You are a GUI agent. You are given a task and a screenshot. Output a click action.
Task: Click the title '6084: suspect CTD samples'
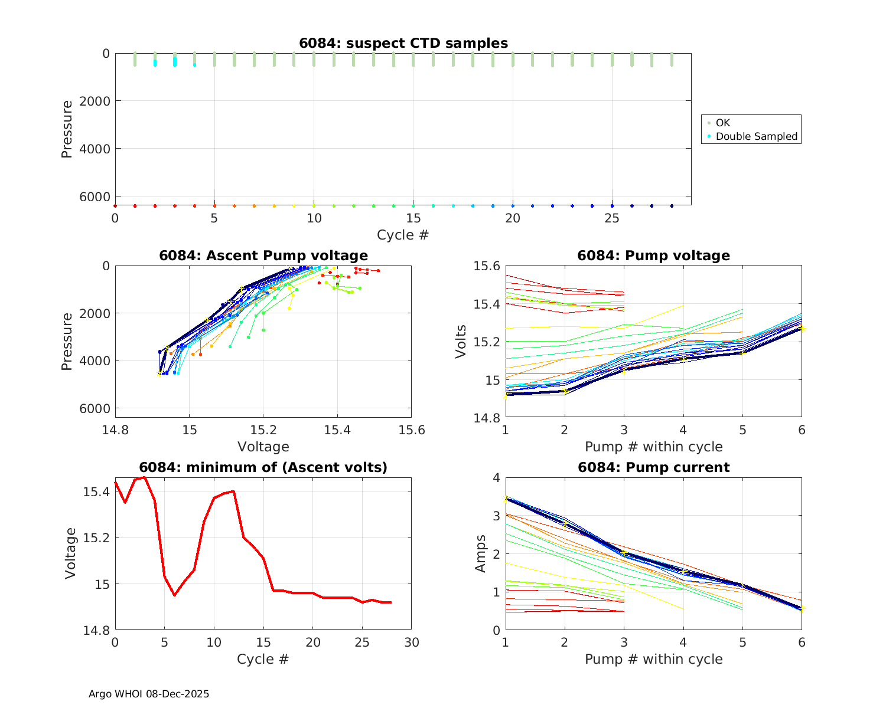tap(403, 43)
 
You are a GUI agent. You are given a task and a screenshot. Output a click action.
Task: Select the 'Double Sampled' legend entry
tap(756, 136)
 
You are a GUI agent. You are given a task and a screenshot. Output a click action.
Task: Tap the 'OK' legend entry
tap(722, 123)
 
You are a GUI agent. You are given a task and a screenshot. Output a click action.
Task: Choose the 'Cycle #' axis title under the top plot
tap(403, 235)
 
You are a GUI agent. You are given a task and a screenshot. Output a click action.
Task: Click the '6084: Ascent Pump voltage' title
tap(263, 255)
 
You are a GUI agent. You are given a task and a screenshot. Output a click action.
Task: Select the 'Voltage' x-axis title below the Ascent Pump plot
tap(263, 447)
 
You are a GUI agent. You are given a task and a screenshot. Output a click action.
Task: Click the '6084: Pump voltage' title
tap(653, 255)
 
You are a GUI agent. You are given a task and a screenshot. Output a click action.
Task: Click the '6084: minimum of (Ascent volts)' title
tap(263, 467)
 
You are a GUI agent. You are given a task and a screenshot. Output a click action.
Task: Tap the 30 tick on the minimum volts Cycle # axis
tap(411, 643)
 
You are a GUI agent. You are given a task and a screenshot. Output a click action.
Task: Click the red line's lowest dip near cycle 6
tap(174, 595)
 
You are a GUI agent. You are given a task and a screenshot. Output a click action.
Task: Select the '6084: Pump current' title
tap(653, 467)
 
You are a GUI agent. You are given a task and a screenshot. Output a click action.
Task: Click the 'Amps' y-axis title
tap(480, 553)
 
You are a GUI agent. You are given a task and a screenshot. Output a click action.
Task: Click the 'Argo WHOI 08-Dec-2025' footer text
tap(149, 694)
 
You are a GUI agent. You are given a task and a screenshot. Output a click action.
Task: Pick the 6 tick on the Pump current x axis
tap(802, 643)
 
